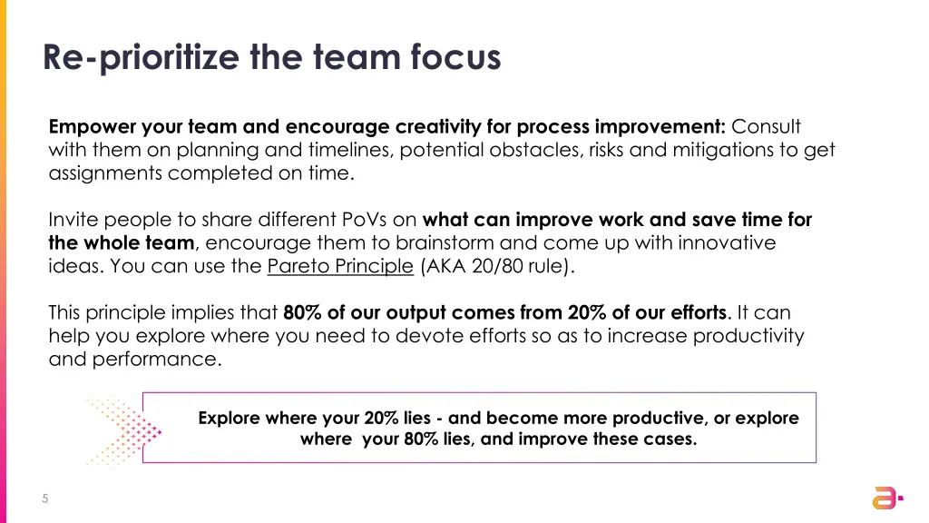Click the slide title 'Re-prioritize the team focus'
[x=271, y=57]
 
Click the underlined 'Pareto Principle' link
[x=340, y=266]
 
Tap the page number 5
[x=44, y=498]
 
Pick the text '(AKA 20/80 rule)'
[x=496, y=266]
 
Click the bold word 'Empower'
[x=92, y=126]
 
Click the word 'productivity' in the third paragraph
[x=748, y=336]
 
